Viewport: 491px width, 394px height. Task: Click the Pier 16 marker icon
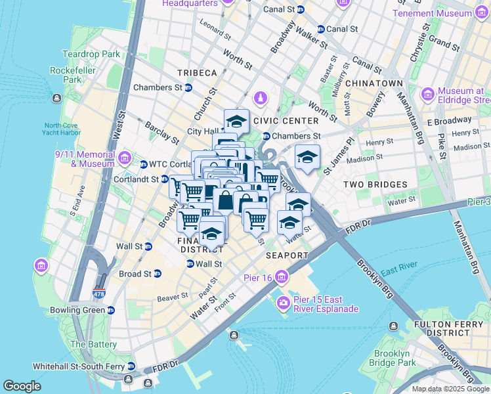[x=282, y=275]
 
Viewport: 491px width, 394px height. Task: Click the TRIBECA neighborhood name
[x=196, y=72]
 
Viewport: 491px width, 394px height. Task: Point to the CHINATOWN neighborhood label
[x=374, y=84]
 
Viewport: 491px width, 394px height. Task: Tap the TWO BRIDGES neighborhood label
[x=375, y=185]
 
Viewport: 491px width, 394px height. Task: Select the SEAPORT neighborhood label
[x=287, y=255]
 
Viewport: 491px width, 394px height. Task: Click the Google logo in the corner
[x=22, y=386]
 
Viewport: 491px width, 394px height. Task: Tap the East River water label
[x=398, y=271]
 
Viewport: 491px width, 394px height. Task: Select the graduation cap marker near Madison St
[x=307, y=157]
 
